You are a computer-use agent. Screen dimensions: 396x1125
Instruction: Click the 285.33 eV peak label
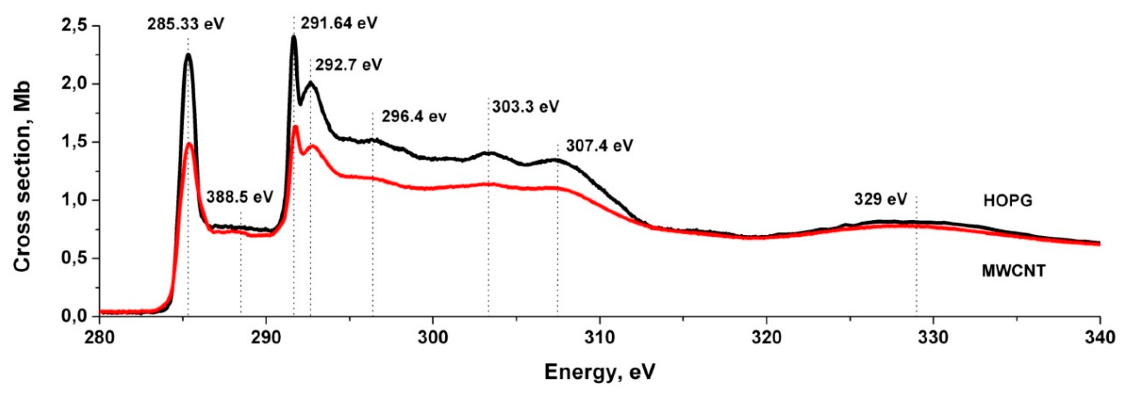click(x=185, y=24)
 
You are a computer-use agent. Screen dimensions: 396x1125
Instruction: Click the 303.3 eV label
click(x=525, y=107)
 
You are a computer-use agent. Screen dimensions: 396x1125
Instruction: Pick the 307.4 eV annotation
click(x=599, y=146)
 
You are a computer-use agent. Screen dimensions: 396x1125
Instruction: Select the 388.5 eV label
click(x=240, y=197)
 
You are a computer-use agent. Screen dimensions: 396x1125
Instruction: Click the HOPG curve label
click(x=1008, y=201)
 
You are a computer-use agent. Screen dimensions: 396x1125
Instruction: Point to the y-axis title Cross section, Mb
click(x=23, y=177)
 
